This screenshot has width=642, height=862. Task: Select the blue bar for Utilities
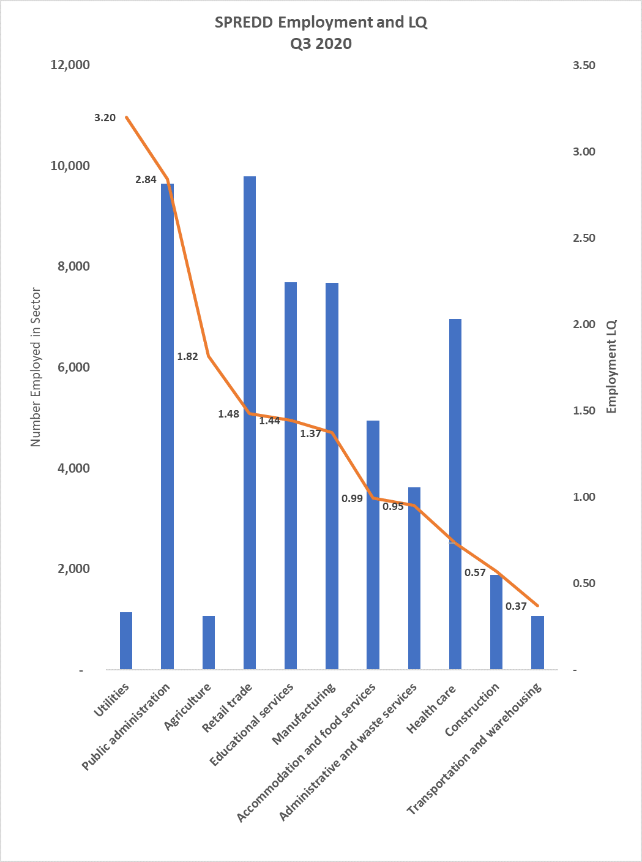(x=126, y=640)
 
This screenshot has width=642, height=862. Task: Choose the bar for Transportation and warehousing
(x=537, y=642)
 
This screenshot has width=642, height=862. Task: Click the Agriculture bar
(x=209, y=642)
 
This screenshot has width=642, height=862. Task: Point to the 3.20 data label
(x=105, y=118)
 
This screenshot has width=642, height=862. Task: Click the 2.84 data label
(x=146, y=179)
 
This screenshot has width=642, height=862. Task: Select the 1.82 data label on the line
(x=187, y=356)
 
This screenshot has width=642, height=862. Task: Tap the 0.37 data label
(x=516, y=606)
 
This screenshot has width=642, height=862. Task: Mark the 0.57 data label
(x=475, y=572)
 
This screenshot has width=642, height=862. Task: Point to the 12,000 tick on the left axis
(x=70, y=65)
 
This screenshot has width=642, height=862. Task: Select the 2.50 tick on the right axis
(x=584, y=238)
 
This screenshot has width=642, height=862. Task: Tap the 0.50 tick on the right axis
(x=584, y=583)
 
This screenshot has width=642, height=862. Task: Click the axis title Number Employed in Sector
(x=35, y=367)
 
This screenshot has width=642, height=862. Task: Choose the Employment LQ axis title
(x=611, y=367)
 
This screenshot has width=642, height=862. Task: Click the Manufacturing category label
(x=305, y=714)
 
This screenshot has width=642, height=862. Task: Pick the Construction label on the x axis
(x=472, y=710)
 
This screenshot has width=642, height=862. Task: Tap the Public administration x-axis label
(x=127, y=727)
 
